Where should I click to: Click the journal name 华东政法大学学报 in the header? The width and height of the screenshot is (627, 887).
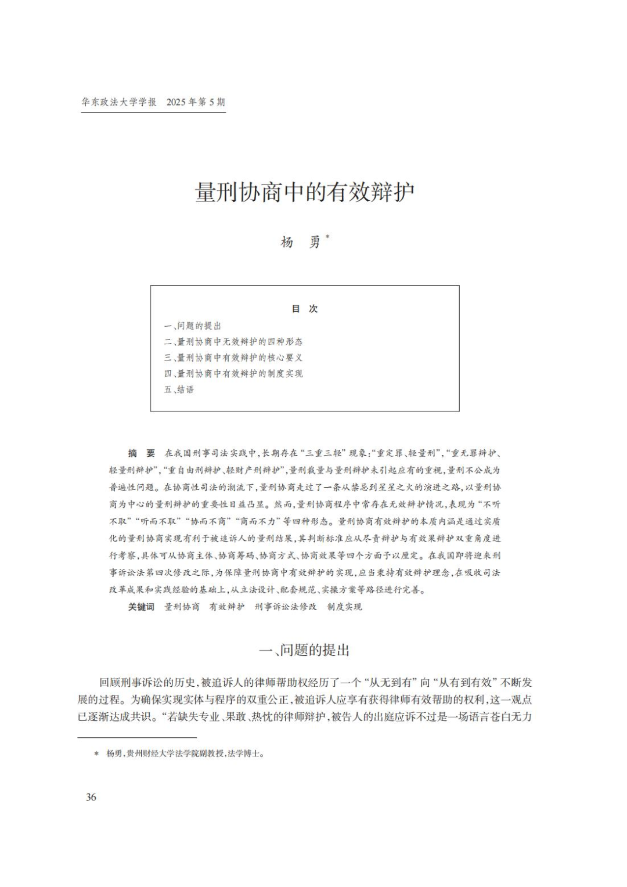(119, 102)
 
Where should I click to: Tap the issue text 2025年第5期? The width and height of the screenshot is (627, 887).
(196, 102)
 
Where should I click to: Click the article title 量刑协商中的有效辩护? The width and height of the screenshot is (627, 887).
(305, 193)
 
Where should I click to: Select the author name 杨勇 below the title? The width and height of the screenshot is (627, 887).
(300, 242)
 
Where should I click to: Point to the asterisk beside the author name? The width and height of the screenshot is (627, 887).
(327, 236)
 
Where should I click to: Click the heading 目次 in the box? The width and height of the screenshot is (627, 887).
(305, 309)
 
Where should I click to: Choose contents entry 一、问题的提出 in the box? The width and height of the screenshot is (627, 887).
(192, 326)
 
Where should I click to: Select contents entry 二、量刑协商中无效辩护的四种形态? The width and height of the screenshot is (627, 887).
(233, 341)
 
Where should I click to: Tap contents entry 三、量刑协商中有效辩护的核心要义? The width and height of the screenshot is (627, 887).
(233, 358)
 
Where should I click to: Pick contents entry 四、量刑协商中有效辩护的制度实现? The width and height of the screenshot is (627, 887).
(233, 373)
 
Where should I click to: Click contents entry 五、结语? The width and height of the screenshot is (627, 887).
(179, 390)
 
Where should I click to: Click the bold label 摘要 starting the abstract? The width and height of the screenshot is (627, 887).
(142, 453)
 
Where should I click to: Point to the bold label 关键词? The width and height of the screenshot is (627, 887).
(141, 607)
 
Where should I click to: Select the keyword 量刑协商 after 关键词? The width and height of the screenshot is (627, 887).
(182, 607)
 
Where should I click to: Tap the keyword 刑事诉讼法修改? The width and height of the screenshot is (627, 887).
(286, 607)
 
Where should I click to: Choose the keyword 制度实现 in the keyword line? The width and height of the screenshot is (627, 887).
(344, 607)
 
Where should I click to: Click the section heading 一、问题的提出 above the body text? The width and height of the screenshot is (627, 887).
(305, 650)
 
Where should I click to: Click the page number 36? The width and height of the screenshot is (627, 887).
(91, 797)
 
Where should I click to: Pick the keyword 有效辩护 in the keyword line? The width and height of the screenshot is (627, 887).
(227, 607)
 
